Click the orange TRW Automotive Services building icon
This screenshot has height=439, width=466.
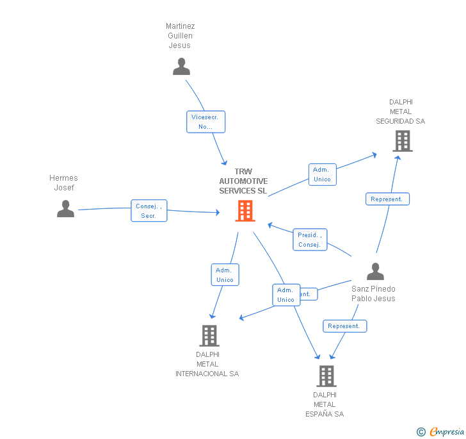[x=245, y=210]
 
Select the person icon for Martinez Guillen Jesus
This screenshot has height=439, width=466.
[x=181, y=67]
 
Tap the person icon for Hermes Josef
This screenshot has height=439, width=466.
[x=65, y=209]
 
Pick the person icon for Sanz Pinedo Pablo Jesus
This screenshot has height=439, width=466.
[x=375, y=272]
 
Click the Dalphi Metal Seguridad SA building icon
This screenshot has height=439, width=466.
[x=402, y=141]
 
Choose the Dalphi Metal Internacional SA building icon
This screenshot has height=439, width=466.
[x=209, y=335]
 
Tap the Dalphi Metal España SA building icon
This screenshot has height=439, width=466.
[x=326, y=376]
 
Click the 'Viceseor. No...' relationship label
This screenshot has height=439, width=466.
[x=205, y=122]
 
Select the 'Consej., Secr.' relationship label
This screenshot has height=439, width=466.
[x=149, y=211]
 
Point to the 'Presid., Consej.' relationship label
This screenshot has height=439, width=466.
[x=310, y=240]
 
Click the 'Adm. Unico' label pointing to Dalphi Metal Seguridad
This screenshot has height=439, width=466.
[x=322, y=174]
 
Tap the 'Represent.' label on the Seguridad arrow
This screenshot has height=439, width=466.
[x=387, y=199]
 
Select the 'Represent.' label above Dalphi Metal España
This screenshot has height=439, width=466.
[x=344, y=326]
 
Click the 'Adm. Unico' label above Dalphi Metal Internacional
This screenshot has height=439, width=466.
[x=225, y=275]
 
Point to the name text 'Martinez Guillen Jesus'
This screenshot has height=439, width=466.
[x=180, y=36]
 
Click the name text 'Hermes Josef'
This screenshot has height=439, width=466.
[x=63, y=183]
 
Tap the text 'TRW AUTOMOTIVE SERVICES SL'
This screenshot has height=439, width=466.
[x=243, y=181]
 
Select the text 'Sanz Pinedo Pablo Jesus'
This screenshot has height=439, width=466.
[x=373, y=294]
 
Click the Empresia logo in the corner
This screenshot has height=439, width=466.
[x=447, y=431]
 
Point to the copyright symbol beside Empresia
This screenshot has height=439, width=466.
[x=421, y=432]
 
